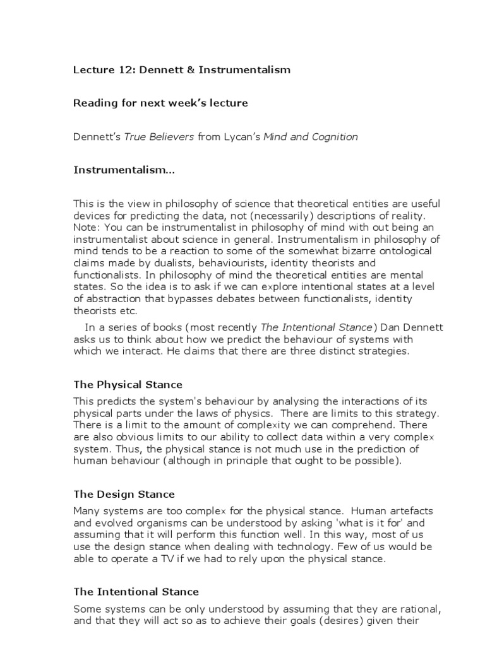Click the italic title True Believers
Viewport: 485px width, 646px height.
(x=159, y=137)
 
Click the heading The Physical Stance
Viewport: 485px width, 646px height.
(x=128, y=384)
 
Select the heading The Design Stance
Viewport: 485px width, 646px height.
(x=124, y=494)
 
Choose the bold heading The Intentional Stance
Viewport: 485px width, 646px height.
(x=136, y=592)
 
